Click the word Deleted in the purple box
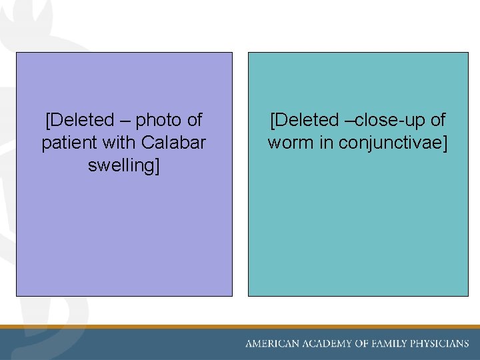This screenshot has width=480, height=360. click(x=83, y=121)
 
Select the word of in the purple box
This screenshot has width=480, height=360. click(x=194, y=121)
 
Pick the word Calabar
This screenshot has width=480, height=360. click(x=173, y=143)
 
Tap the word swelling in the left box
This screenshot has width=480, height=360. click(x=123, y=165)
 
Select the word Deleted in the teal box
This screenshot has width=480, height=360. click(x=307, y=121)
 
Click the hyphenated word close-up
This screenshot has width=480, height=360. click(x=391, y=121)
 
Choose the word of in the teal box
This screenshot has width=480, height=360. click(x=437, y=121)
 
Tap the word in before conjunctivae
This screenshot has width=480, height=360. click(x=327, y=143)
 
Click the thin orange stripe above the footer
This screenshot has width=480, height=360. click(x=240, y=327)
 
